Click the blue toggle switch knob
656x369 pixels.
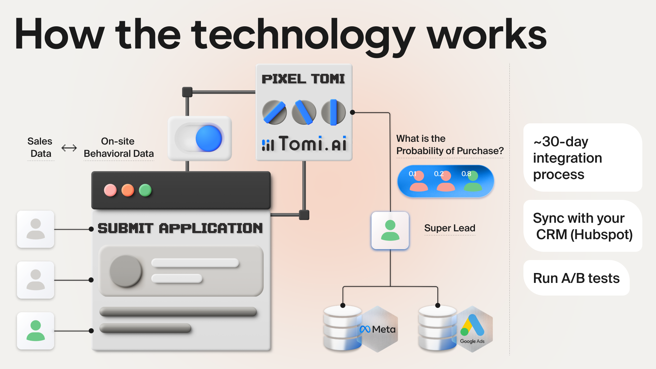pos(209,138)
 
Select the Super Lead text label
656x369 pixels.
pos(450,228)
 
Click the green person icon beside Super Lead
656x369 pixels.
pos(390,231)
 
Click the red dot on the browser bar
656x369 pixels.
pos(110,190)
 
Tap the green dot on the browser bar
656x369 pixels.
pos(145,190)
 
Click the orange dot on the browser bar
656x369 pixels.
pos(128,190)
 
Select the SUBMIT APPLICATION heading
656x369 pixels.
pos(180,228)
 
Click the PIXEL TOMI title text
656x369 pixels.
pos(303,79)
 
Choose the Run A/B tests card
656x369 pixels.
pos(576,278)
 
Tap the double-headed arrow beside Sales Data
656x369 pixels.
pos(69,148)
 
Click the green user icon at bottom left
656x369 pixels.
pos(36,331)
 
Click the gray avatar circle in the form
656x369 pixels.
pos(126,271)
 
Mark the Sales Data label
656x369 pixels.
pos(40,148)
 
